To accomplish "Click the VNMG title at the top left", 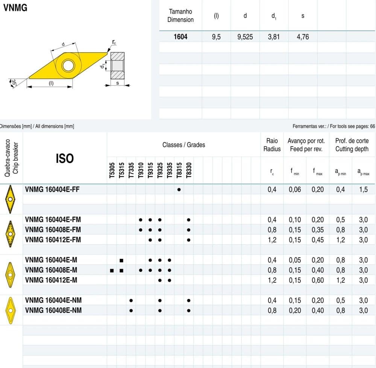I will pos(15,8).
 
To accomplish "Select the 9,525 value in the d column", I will pos(245,37).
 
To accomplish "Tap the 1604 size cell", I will pos(180,37).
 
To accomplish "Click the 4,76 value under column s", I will pos(303,37).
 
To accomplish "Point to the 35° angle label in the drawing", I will pos(14,82).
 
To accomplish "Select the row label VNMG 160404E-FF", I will pos(52,190).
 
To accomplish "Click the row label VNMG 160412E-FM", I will pos(53,240).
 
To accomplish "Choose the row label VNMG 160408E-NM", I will pos(53,310).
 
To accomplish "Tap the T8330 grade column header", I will pos(189,170).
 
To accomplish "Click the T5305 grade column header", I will pos(112,170).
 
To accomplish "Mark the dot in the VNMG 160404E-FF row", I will pos(179,190).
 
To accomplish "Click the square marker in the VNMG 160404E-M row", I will pos(121,260).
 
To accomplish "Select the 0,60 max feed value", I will pos(318,280).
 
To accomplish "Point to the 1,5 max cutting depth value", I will pos(363,190).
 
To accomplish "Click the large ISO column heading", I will pos(65,159).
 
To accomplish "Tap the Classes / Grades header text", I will pos(184,145).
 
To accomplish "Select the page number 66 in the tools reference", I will pos(372,126).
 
